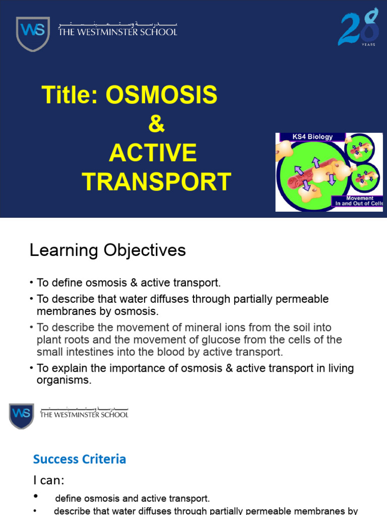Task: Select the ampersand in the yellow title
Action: [156, 124]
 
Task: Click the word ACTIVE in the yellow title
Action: [153, 153]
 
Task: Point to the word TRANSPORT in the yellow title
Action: [156, 182]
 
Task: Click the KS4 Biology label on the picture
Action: [312, 137]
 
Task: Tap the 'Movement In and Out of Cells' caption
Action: [359, 201]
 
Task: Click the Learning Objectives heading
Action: [107, 250]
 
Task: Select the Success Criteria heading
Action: [79, 459]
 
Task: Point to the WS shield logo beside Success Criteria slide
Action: [22, 416]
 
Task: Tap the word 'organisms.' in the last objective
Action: [64, 380]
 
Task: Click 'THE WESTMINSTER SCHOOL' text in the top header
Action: [118, 32]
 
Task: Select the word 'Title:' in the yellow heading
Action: [70, 95]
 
